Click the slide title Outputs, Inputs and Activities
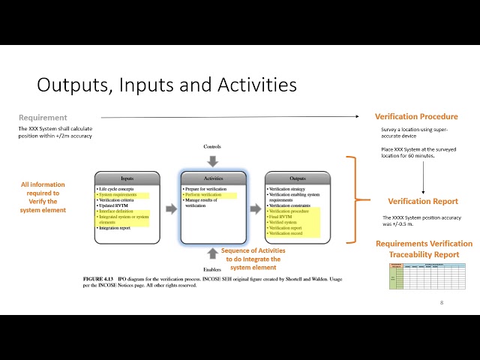pos(166,85)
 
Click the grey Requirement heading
pos(43,118)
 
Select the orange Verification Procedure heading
pos(416,116)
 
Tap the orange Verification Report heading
pos(423,201)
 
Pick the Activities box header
pos(214,178)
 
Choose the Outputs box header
pos(297,178)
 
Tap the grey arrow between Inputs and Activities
pos(170,208)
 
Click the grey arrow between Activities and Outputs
pos(255,208)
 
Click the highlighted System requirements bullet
pos(118,195)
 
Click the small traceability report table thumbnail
pos(424,274)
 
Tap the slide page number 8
pos(442,302)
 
